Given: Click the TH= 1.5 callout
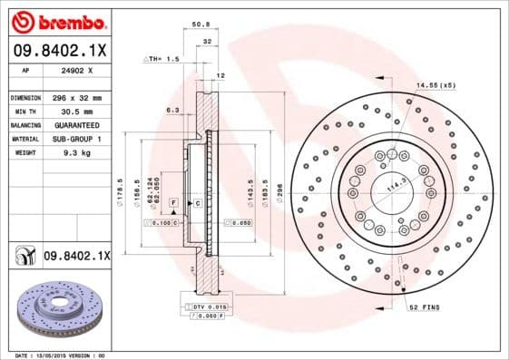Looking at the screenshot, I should [164, 59].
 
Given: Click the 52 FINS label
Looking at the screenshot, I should [424, 307].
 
